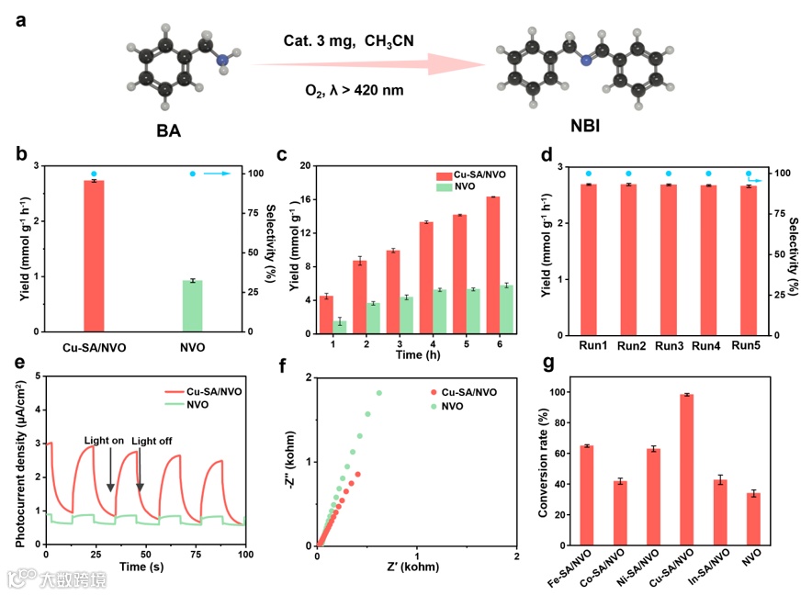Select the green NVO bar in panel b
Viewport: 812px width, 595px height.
click(x=191, y=306)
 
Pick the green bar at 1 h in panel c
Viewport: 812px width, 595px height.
click(x=339, y=325)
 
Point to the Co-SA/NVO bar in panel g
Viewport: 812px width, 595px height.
click(x=620, y=511)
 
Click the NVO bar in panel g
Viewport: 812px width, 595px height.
click(x=753, y=518)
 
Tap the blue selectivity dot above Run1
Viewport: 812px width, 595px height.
click(x=589, y=173)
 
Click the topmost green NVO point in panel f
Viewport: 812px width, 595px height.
click(x=378, y=393)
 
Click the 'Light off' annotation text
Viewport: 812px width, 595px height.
click(x=151, y=442)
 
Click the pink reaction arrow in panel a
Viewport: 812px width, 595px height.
click(x=367, y=64)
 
